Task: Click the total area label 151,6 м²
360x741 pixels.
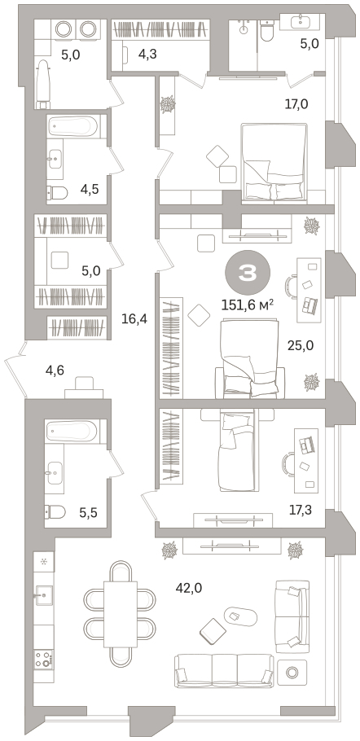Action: click(x=248, y=305)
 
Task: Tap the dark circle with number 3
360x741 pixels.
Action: click(x=248, y=273)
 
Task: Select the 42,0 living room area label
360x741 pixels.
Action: click(x=188, y=588)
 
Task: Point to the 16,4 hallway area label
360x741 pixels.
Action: click(x=134, y=319)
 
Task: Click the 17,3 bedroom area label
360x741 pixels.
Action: click(x=301, y=510)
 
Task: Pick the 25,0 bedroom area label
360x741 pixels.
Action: click(x=301, y=345)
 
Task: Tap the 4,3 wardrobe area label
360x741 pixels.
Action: click(x=147, y=54)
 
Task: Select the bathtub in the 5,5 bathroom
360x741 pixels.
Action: click(x=72, y=431)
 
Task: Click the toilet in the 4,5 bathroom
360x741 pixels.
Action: click(x=57, y=192)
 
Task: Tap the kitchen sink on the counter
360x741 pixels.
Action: click(x=43, y=591)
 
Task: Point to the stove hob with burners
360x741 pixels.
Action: click(x=43, y=658)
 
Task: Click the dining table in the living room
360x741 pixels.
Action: click(x=121, y=614)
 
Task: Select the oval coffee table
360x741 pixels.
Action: click(x=240, y=616)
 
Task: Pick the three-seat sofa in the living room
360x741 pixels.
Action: click(x=224, y=670)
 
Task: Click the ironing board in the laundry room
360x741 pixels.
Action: click(x=43, y=84)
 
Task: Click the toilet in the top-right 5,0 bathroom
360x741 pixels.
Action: click(x=267, y=31)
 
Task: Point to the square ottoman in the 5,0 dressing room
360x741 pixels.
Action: click(x=60, y=260)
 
